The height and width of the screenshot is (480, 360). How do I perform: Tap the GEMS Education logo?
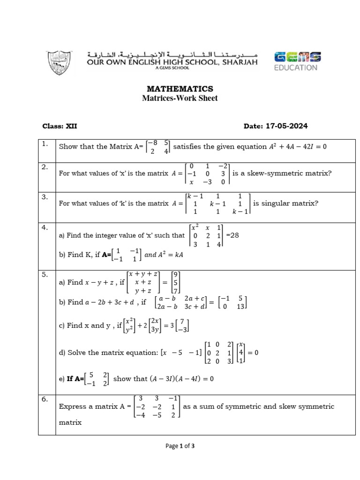[297, 61]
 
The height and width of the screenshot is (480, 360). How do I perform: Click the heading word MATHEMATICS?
[180, 89]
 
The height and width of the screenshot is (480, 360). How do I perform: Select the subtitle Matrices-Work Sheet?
[180, 98]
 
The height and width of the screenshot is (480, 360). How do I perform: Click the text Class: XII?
[60, 126]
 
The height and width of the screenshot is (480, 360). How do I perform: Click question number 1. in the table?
[45, 144]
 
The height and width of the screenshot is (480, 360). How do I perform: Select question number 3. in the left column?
[45, 197]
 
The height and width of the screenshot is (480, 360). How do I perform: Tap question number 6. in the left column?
[45, 399]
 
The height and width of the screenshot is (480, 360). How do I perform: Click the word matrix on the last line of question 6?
[70, 422]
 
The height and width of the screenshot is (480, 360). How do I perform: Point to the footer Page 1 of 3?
[180, 446]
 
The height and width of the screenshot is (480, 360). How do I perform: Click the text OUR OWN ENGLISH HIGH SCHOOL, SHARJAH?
[172, 61]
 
